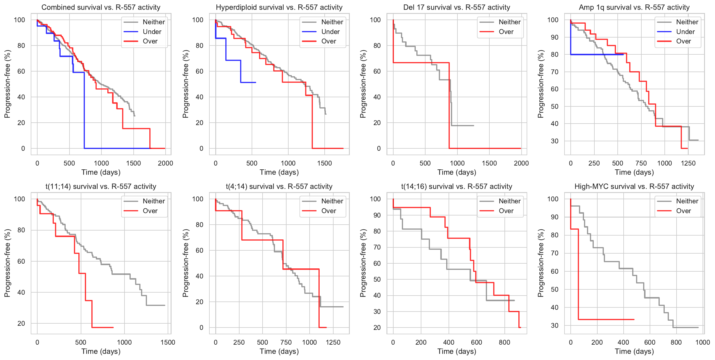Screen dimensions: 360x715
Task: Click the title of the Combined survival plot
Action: pos(101,7)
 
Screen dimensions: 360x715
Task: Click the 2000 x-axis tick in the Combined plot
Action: pos(165,163)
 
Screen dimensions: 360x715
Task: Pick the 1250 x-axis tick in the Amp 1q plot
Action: pos(688,163)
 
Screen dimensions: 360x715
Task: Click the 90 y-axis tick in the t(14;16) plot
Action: pos(377,215)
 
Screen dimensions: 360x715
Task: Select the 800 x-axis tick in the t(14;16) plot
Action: pos(504,342)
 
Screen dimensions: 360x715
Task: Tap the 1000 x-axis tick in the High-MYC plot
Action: pos(703,342)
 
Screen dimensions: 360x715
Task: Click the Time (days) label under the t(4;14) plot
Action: pos(279,351)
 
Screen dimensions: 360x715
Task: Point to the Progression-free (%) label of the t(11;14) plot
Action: pos(7,263)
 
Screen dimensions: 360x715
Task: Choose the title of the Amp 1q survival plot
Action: pos(634,7)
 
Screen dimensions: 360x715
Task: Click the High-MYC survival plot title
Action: pos(634,187)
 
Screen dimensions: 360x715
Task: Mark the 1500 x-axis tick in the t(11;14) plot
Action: pos(168,342)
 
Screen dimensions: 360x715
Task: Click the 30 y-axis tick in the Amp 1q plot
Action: pos(554,141)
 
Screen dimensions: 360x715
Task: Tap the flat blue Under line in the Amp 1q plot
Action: pos(597,54)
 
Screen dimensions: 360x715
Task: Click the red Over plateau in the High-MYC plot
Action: pos(606,320)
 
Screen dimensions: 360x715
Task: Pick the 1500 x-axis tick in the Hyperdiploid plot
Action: pos(324,163)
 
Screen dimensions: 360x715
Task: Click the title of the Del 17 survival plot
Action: pos(457,7)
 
